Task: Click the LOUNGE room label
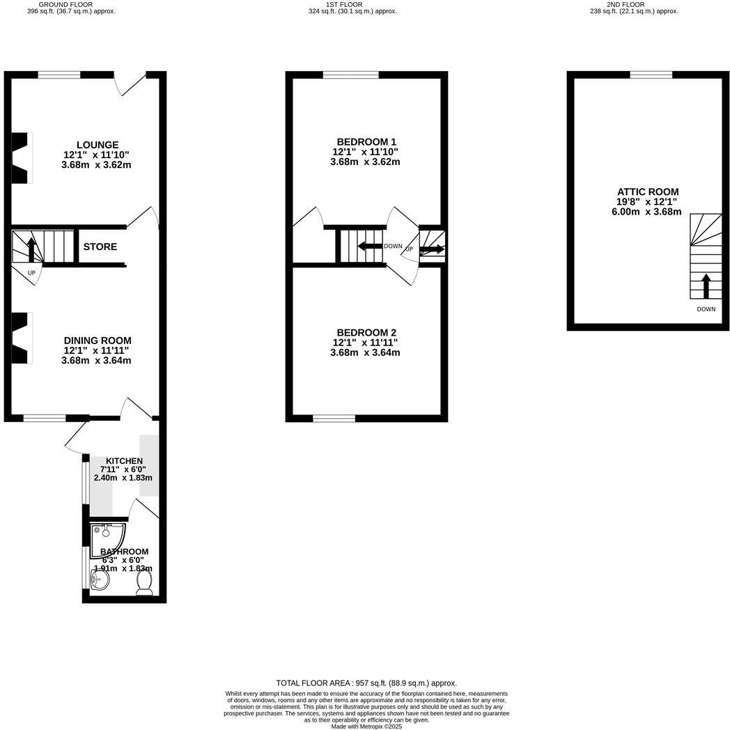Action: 97,145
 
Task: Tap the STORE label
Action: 100,247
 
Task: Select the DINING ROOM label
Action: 97,341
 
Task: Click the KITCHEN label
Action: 124,461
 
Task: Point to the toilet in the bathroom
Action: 145,584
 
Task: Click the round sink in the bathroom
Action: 99,580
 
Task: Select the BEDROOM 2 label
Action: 366,332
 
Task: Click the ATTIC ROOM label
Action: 648,192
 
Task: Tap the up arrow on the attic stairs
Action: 706,286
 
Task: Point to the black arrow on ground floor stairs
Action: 31,249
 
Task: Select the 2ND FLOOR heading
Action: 626,4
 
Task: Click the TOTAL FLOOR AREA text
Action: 366,683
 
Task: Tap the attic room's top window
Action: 651,75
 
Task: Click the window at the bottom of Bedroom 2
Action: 334,418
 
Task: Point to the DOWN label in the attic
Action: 706,309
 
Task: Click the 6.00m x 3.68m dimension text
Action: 642,212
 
